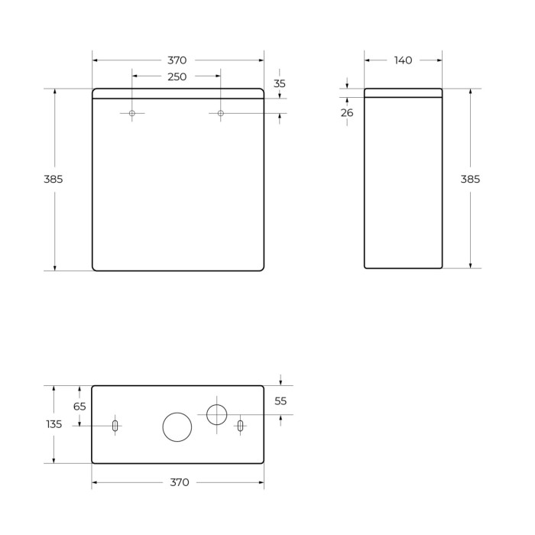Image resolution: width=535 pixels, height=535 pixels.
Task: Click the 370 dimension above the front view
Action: (177, 60)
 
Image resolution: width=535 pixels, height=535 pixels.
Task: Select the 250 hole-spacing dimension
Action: (177, 76)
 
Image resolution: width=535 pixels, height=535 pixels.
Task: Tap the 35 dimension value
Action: (279, 84)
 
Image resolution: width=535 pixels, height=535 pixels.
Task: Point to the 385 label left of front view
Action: (53, 179)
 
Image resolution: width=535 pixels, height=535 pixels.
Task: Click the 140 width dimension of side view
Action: (404, 60)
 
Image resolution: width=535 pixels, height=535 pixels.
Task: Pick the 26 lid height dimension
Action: (347, 112)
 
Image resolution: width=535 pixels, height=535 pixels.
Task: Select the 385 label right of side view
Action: (470, 179)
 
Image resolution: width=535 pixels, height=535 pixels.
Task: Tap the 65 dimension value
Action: (79, 407)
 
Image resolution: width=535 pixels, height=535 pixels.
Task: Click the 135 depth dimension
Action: (53, 424)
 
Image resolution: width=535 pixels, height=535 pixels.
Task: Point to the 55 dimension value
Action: (280, 400)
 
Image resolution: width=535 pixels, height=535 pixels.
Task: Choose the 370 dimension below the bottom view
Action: (178, 482)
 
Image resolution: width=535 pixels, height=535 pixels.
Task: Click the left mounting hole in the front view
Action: (132, 114)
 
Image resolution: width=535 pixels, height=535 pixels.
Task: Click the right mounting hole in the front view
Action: (221, 114)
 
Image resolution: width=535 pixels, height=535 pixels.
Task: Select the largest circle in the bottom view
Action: (177, 426)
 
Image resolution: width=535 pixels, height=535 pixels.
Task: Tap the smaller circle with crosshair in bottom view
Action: (217, 415)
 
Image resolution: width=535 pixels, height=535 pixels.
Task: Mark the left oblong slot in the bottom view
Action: (115, 426)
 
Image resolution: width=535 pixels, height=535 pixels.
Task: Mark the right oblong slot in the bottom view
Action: (240, 426)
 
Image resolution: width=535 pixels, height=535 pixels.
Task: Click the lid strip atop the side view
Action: (404, 92)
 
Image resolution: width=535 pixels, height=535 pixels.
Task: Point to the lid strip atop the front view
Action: (177, 93)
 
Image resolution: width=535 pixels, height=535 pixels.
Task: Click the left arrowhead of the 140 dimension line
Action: (368, 60)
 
